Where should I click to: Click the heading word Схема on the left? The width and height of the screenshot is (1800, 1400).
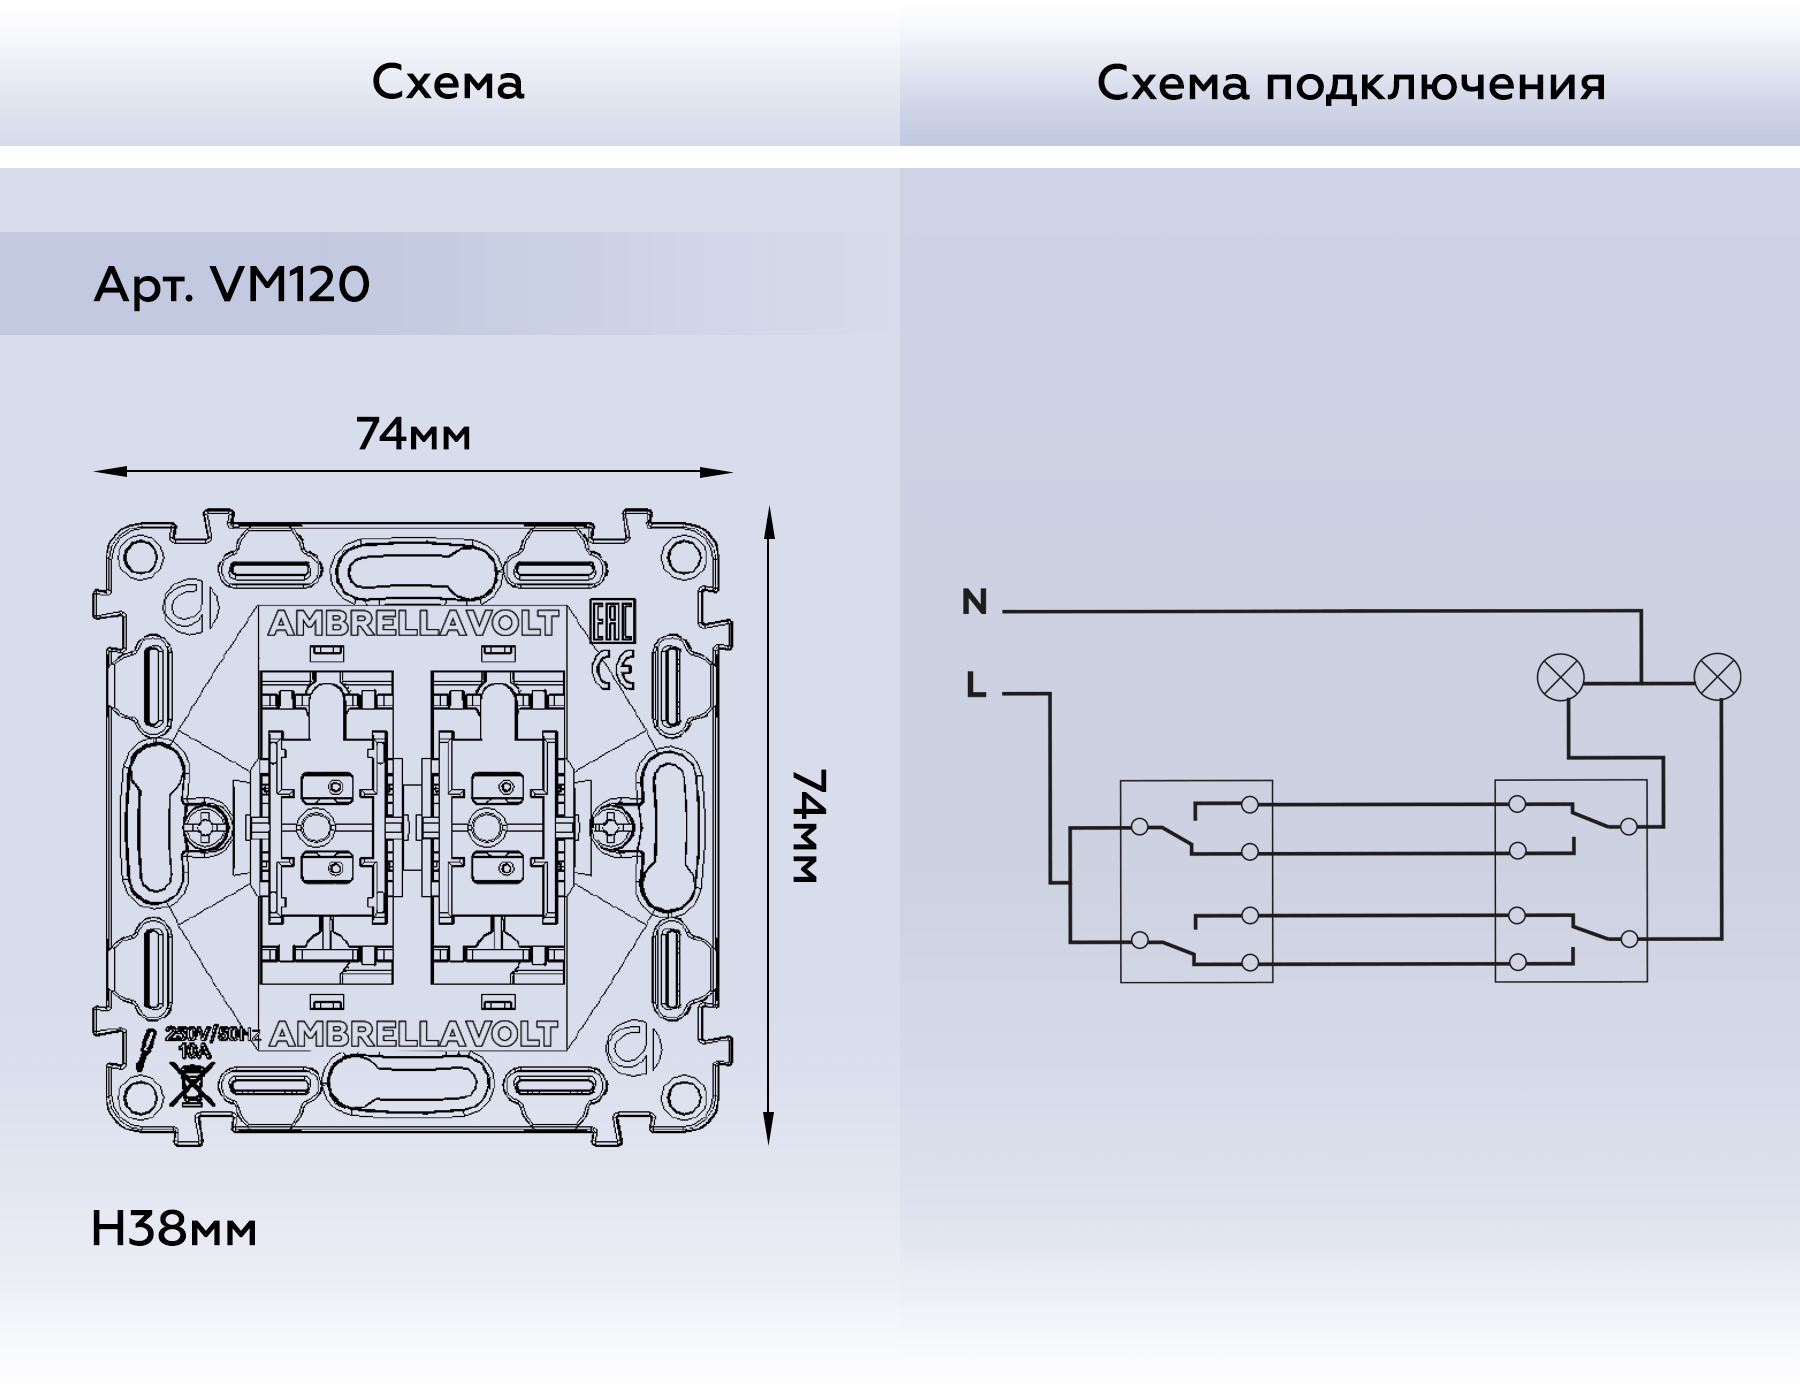click(447, 82)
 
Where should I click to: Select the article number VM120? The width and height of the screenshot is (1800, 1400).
click(290, 285)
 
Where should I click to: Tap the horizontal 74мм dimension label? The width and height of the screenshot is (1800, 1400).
click(413, 434)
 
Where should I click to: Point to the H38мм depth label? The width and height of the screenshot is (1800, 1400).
click(174, 1229)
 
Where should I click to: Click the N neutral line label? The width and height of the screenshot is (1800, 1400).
click(974, 602)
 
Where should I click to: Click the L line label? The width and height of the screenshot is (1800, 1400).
click(976, 685)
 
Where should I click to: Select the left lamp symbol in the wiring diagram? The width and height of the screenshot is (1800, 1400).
click(1560, 677)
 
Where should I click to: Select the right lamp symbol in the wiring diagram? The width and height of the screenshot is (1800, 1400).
click(1717, 677)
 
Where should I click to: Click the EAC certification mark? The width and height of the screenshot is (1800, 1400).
click(612, 622)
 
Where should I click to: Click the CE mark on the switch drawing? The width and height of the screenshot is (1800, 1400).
click(612, 669)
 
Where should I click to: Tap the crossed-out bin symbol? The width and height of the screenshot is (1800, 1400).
click(191, 1085)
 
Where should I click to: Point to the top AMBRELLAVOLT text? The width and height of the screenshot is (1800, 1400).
click(412, 624)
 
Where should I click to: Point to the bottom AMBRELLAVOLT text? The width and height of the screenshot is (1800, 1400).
click(412, 1034)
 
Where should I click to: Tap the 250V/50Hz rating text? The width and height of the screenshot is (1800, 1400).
click(212, 1035)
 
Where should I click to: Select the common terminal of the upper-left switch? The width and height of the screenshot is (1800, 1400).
click(1139, 827)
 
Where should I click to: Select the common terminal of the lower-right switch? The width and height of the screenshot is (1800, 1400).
click(1629, 939)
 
